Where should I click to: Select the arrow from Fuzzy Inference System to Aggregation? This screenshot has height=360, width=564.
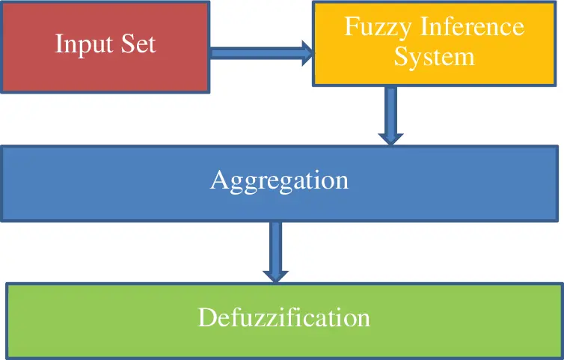pos(390,114)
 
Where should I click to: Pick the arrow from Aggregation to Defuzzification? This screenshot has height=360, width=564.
pos(275,251)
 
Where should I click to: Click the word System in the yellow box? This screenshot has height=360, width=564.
pos(435,57)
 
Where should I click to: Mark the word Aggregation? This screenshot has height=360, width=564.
pos(279,181)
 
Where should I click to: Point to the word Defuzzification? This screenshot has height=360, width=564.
pos(283,317)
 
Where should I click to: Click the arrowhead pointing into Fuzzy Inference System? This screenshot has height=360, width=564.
pos(307,52)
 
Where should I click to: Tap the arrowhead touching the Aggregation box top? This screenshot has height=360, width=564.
pos(390,137)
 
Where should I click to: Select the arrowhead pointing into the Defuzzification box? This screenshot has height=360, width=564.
pos(275,274)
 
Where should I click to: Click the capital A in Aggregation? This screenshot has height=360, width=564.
pos(218,180)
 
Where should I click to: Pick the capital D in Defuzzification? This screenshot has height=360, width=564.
pos(206,317)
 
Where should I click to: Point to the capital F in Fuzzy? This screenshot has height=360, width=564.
pos(350,27)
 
